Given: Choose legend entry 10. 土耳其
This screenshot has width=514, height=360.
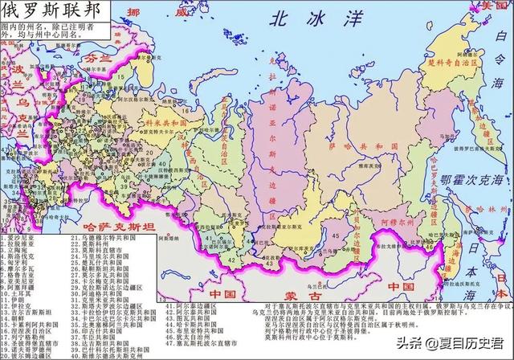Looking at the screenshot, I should point(22,294).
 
